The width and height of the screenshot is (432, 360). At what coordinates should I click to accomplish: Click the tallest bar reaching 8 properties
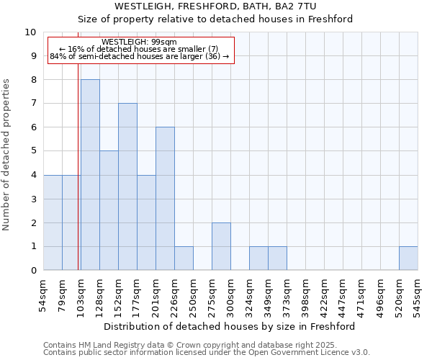point(90,175)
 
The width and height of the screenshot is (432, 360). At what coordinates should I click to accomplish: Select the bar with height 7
point(127,186)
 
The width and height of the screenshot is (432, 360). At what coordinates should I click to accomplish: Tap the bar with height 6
point(165,199)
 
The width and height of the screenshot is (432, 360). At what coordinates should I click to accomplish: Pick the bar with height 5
point(109,210)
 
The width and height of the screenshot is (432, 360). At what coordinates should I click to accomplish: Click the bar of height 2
point(221,246)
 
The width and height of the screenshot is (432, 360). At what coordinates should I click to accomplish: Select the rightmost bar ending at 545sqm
point(408,258)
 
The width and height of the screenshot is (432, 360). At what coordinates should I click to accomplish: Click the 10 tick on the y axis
point(31,32)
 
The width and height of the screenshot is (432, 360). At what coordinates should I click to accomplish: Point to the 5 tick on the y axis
point(33,151)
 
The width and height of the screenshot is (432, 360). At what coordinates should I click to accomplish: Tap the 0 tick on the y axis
point(33,270)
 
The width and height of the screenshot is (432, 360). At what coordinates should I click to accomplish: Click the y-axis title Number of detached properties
point(7,156)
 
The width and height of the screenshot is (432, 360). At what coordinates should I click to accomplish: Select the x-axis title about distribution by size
point(230,326)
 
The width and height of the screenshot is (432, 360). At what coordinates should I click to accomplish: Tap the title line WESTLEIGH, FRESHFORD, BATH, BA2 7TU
point(215,6)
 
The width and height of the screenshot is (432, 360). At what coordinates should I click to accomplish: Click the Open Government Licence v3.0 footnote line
point(207,353)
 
